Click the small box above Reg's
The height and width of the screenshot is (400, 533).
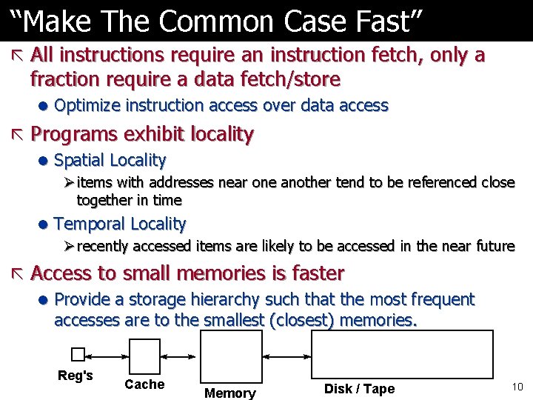pos(78,354)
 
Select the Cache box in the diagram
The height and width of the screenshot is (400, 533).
pos(145,356)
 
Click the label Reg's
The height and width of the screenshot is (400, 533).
pos(76,376)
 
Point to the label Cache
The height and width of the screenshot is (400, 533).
pos(144,384)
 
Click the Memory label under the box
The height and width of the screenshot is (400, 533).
pos(230,393)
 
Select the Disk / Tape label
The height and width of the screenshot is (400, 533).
pos(359,389)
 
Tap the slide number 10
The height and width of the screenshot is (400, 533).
pos(517,387)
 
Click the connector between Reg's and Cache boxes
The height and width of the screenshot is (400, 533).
pos(107,355)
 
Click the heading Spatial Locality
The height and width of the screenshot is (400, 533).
pos(110,160)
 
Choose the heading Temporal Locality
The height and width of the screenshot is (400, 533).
pos(120,224)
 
